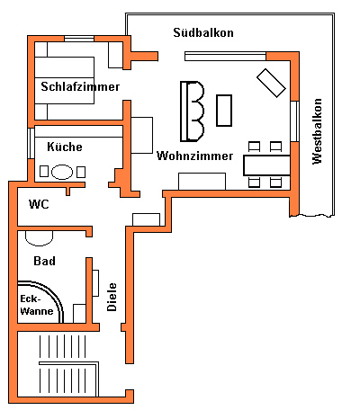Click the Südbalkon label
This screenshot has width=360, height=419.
pyautogui.click(x=203, y=32)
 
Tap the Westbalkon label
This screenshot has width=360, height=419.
pyautogui.click(x=317, y=131)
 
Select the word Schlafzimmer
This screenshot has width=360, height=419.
pyautogui.click(x=80, y=86)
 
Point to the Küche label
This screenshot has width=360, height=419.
pyautogui.click(x=65, y=147)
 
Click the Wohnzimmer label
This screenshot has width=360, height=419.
pyautogui.click(x=194, y=156)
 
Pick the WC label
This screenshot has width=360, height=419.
pyautogui.click(x=39, y=204)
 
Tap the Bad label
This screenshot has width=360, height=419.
pyautogui.click(x=44, y=261)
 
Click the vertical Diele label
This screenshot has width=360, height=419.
pyautogui.click(x=112, y=297)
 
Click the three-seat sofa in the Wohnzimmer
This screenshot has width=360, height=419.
pyautogui.click(x=192, y=111)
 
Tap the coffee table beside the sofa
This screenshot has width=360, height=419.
pyautogui.click(x=224, y=111)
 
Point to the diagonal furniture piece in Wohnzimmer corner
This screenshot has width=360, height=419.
pyautogui.click(x=271, y=83)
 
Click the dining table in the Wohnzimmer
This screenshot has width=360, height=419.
pyautogui.click(x=266, y=165)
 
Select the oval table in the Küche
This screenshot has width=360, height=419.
pyautogui.click(x=62, y=172)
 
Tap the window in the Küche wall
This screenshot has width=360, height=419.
pyautogui.click(x=31, y=144)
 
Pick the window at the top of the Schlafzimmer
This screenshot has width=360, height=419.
pyautogui.click(x=79, y=39)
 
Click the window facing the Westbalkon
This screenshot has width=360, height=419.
pyautogui.click(x=295, y=121)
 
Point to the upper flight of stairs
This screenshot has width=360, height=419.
pyautogui.click(x=62, y=346)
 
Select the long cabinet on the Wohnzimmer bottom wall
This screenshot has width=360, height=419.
pyautogui.click(x=202, y=182)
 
